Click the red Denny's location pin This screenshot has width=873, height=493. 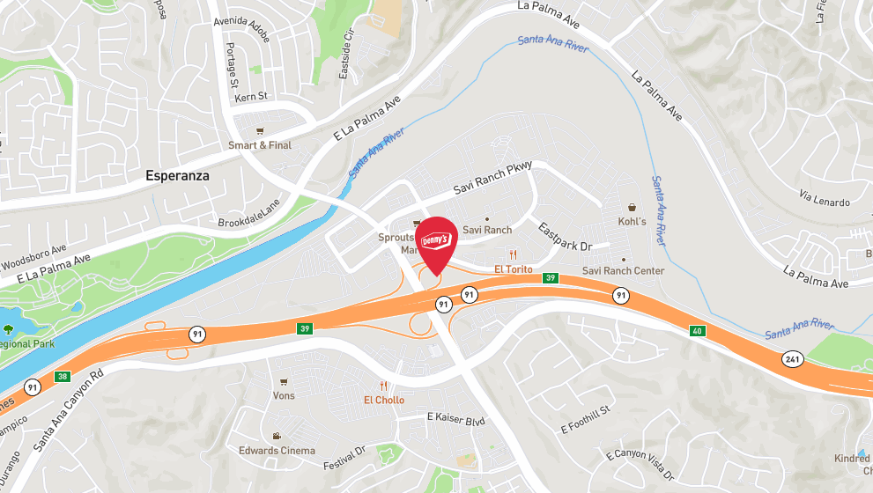click(x=436, y=242)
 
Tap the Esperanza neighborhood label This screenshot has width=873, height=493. click(x=178, y=176)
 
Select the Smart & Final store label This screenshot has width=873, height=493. click(x=260, y=145)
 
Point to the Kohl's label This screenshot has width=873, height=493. click(x=632, y=222)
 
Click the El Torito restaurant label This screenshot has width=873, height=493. click(x=514, y=269)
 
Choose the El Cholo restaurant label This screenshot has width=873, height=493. click(x=384, y=400)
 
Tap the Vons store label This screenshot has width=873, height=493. click(x=284, y=395)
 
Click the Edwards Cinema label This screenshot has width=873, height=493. click(x=277, y=451)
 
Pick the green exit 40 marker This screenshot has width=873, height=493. click(x=698, y=331)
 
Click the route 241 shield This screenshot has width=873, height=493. click(x=791, y=358)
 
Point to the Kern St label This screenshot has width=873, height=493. click(x=251, y=97)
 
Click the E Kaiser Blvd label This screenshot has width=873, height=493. click(x=455, y=419)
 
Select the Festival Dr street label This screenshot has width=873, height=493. click(x=344, y=460)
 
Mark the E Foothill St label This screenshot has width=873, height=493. click(x=586, y=420)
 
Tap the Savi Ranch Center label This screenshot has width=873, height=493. click(x=624, y=271)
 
